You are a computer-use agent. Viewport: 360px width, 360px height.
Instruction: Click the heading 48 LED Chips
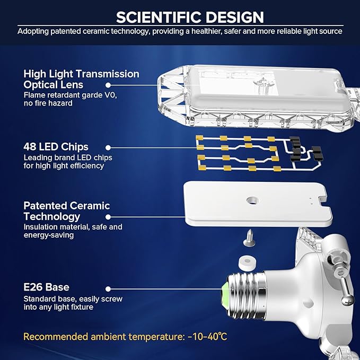click(x=56, y=147)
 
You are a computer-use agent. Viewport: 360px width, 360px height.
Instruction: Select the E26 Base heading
click(x=46, y=287)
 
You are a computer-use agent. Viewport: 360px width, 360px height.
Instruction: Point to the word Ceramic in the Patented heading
click(x=91, y=206)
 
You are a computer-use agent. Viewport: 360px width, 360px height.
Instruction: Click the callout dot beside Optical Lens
click(x=108, y=85)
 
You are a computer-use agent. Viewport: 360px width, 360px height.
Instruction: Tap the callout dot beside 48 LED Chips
click(x=108, y=147)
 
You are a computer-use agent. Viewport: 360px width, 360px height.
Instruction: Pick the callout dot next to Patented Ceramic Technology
click(x=108, y=217)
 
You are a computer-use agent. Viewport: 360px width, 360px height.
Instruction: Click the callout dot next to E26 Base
click(x=108, y=289)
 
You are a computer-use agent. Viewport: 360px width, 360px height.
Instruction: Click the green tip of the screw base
click(x=224, y=295)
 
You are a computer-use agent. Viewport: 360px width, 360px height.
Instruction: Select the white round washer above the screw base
click(x=247, y=263)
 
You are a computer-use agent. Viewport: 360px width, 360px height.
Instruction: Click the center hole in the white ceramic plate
click(x=252, y=200)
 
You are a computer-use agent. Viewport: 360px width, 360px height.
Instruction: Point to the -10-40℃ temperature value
click(x=207, y=337)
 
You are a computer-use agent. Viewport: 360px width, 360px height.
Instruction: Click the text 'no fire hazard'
click(x=48, y=103)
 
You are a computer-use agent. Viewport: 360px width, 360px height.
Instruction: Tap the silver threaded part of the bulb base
click(x=245, y=295)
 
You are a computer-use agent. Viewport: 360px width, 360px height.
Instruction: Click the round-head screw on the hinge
click(x=347, y=300)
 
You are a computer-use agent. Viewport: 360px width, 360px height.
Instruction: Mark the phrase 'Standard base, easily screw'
click(x=73, y=299)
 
